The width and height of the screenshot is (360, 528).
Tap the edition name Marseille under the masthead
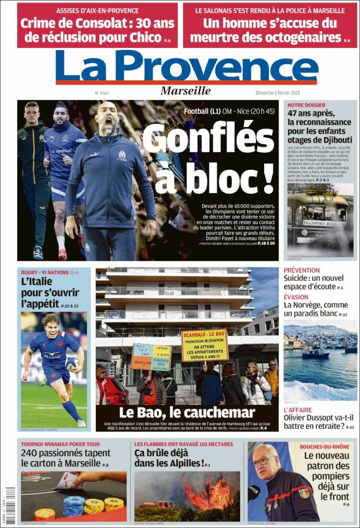tap(186, 91)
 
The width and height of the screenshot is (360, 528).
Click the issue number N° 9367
tap(102, 93)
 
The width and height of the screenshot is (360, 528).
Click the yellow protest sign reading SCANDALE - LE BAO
tap(204, 345)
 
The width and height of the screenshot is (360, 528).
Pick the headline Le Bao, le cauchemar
tap(187, 412)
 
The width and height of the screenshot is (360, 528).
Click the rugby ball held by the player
tap(72, 362)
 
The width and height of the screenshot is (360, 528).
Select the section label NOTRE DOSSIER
tap(306, 105)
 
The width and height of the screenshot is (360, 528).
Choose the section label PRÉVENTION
tap(301, 270)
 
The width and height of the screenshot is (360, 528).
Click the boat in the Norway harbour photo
tap(316, 354)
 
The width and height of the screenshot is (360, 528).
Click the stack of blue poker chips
tap(74, 504)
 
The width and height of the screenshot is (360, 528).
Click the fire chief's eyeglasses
tap(264, 462)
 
